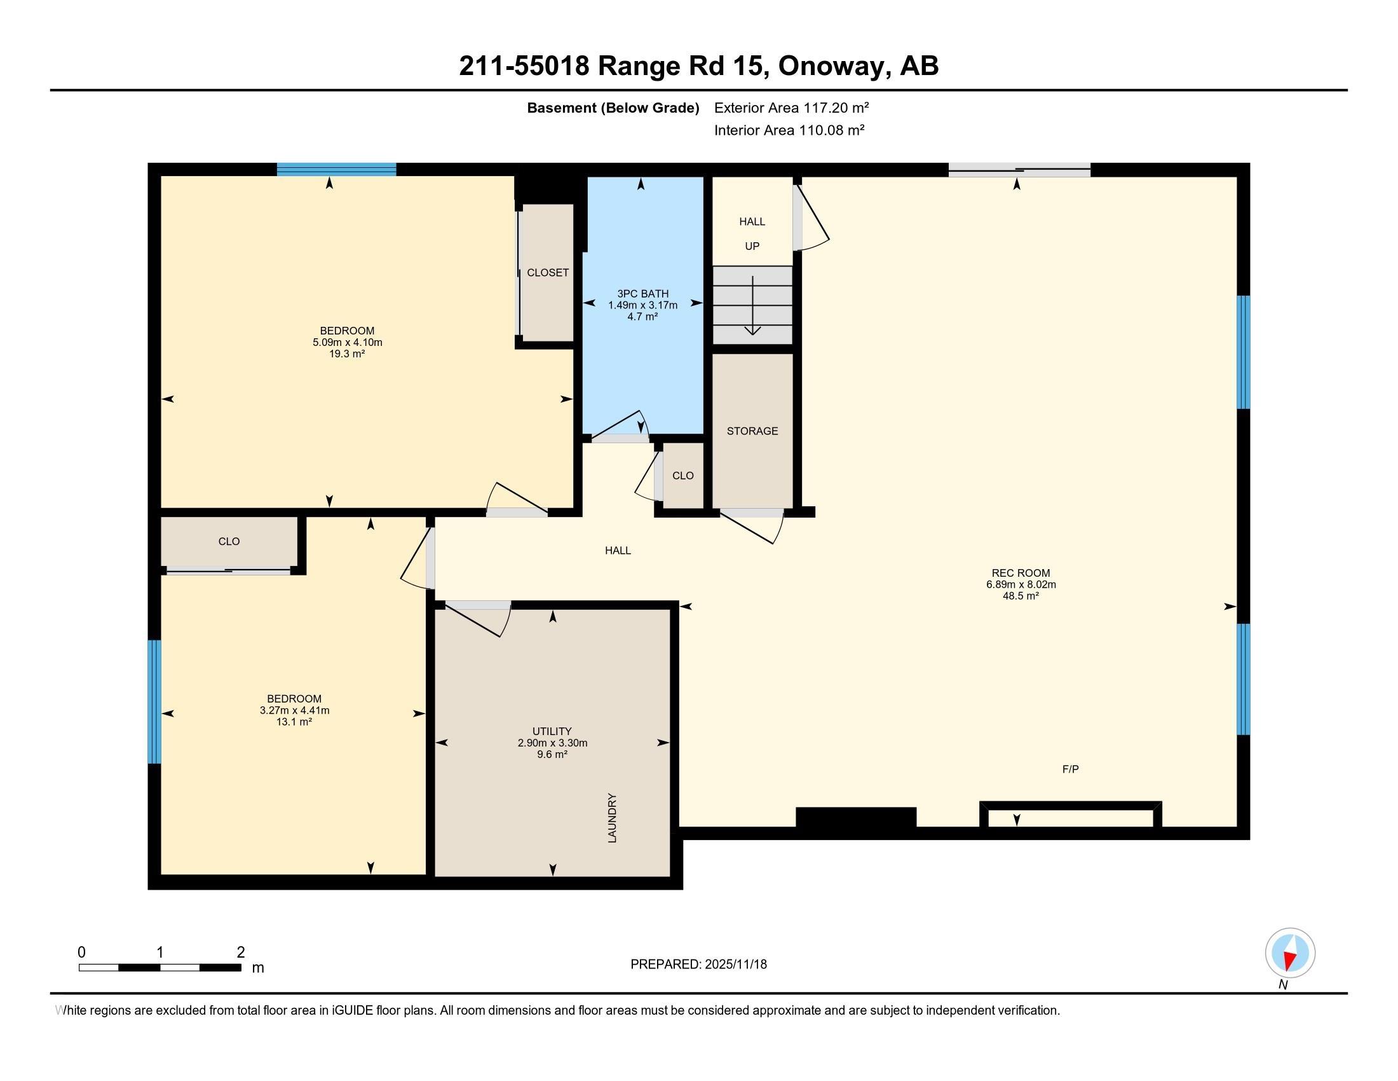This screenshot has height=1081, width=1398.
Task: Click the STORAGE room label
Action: [x=752, y=431]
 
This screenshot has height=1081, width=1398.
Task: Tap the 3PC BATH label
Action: [x=642, y=294]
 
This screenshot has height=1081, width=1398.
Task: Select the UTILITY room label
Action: [x=552, y=731]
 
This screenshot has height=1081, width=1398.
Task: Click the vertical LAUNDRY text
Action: [x=613, y=818]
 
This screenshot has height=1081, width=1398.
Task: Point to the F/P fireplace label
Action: [x=1070, y=769]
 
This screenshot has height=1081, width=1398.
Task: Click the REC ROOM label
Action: [x=1021, y=573]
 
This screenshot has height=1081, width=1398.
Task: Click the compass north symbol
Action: [x=1290, y=953]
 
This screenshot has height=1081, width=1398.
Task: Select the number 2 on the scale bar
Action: [x=241, y=953]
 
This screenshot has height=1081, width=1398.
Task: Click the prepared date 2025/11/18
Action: [x=735, y=965]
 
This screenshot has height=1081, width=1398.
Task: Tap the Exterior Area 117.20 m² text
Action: [x=791, y=107]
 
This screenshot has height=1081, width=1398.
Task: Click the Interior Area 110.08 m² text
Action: [x=789, y=130]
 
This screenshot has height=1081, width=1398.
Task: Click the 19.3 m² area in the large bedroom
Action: [x=347, y=354]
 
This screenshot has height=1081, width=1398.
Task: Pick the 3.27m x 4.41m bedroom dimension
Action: [x=294, y=710]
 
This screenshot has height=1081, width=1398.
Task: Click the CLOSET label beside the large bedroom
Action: [x=547, y=273]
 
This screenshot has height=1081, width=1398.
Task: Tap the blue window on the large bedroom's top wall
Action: [x=336, y=169]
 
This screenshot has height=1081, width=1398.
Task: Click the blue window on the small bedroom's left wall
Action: [x=154, y=701]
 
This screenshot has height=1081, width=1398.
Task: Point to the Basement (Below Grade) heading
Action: [x=613, y=107]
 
